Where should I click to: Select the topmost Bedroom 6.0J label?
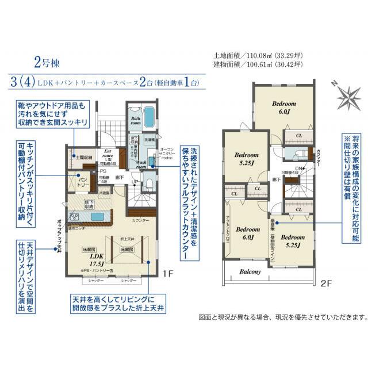point(284,108)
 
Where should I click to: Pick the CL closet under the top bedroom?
point(298,136)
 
